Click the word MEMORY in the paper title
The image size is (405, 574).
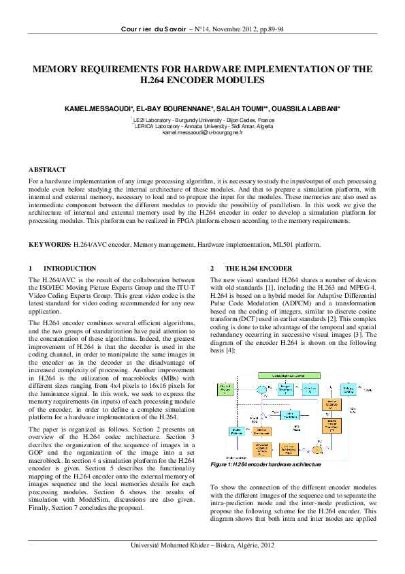[59, 69]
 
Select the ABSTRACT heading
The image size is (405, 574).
[47, 168]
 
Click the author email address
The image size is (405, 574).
[202, 132]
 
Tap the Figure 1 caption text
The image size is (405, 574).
[265, 464]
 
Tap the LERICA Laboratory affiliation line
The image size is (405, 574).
[202, 126]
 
